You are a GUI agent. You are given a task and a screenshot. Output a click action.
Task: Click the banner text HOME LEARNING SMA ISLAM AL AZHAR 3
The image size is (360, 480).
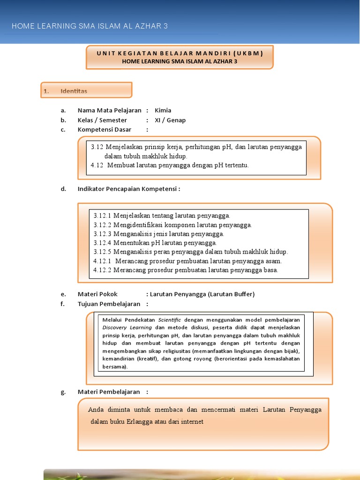(90, 26)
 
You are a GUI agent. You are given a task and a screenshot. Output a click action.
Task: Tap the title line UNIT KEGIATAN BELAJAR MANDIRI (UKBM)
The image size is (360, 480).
(180, 53)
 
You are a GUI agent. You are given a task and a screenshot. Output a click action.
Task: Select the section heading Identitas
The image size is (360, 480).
(74, 91)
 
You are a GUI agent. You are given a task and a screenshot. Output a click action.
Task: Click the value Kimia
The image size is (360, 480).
(163, 111)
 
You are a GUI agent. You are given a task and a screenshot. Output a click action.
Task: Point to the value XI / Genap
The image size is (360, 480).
(170, 120)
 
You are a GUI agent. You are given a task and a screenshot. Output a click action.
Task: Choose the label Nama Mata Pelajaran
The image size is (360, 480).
(109, 111)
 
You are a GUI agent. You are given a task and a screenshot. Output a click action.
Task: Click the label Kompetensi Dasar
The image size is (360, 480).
(104, 129)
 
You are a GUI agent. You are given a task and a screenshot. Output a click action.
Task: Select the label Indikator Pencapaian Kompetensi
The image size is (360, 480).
(128, 189)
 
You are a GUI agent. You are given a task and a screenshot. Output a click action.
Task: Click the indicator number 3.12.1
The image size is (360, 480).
(102, 216)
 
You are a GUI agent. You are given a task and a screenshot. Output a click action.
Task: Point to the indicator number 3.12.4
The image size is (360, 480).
(102, 243)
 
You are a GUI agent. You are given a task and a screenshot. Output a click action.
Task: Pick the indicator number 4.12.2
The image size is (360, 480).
(102, 270)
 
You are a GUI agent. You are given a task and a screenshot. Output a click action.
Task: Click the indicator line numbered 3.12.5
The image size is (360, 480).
(190, 252)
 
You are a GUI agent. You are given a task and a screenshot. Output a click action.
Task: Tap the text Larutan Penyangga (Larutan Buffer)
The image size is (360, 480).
(202, 294)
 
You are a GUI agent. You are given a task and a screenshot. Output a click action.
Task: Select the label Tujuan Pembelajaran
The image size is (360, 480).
(109, 304)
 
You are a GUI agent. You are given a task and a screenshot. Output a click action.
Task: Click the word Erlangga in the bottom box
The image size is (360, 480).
(141, 421)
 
